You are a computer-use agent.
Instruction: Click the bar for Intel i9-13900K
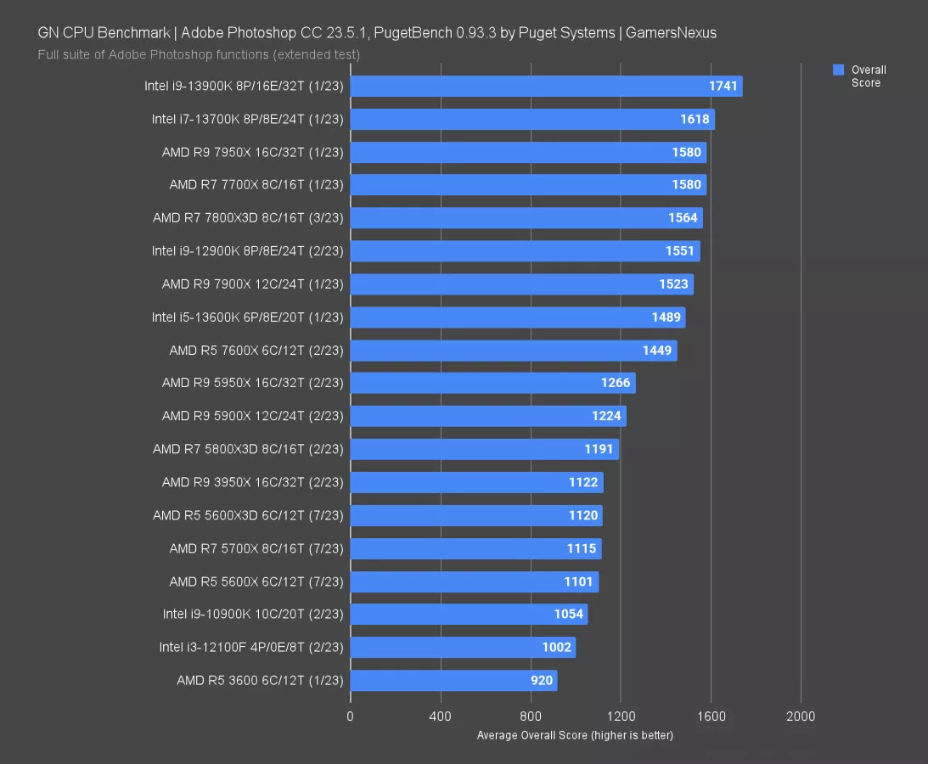546,86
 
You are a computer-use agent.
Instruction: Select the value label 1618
695,119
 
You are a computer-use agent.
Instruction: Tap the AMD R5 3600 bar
453,680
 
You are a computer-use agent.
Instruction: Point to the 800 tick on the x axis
531,716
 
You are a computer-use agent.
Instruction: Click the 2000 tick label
801,716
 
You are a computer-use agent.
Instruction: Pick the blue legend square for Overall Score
839,70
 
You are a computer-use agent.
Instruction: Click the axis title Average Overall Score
575,735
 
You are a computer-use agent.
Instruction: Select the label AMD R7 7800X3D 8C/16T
248,218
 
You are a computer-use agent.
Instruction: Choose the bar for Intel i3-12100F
463,647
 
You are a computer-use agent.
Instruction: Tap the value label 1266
616,383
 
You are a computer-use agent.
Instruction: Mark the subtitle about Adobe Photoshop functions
199,54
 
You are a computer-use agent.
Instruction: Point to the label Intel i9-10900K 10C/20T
253,614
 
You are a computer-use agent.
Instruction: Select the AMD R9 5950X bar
492,383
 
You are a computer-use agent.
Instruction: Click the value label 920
543,680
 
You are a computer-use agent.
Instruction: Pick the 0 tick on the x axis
350,716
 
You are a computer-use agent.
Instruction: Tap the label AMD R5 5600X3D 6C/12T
248,515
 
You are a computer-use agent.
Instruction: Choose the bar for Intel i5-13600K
517,317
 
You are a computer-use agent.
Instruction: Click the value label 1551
680,251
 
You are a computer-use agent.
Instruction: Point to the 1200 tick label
621,716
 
